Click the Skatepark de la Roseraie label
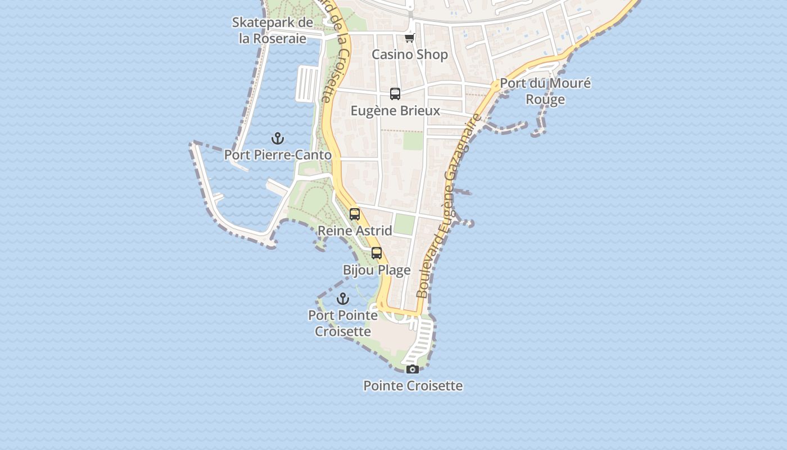tap(273, 30)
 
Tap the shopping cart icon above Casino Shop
tap(410, 38)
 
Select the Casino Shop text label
tap(410, 55)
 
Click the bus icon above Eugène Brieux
tap(395, 93)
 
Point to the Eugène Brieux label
tap(395, 110)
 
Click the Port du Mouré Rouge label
tap(545, 91)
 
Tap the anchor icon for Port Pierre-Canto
tap(278, 138)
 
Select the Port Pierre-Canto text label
tap(278, 155)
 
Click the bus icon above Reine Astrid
tap(355, 214)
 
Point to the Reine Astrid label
tap(355, 231)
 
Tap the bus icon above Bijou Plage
tap(377, 253)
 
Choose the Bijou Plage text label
tap(377, 270)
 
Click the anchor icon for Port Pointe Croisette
tap(343, 299)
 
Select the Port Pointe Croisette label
tap(343, 323)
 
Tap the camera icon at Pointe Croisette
tap(413, 369)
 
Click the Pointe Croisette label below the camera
tap(413, 386)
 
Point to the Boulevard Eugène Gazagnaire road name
tap(450, 206)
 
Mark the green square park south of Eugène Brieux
tap(413, 141)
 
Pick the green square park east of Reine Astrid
tap(404, 224)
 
